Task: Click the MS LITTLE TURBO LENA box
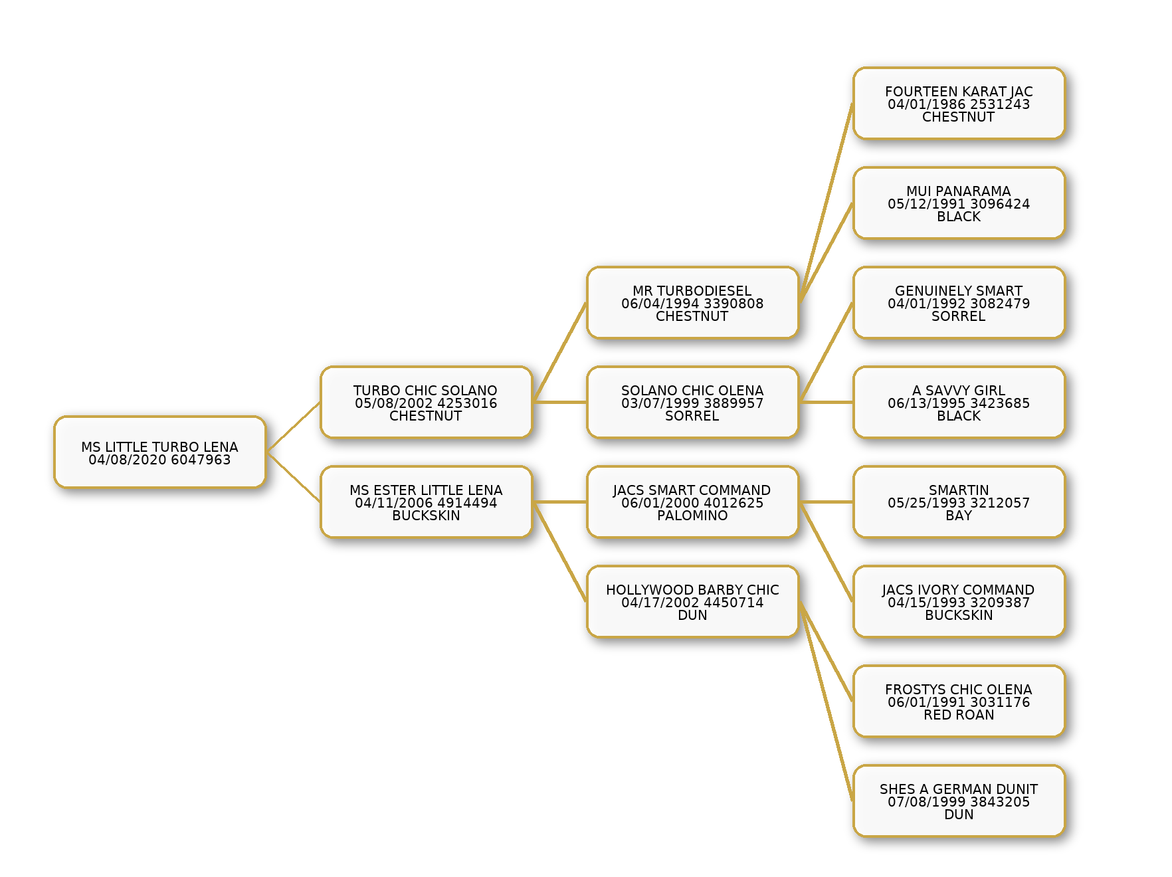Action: click(160, 452)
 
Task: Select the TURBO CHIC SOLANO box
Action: click(427, 403)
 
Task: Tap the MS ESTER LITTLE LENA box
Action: click(427, 502)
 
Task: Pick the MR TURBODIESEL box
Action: click(693, 303)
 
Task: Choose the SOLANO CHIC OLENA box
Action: click(693, 403)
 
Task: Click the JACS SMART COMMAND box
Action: click(693, 502)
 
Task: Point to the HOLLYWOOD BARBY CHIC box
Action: click(693, 602)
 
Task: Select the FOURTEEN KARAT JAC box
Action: click(959, 104)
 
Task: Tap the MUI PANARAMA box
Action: click(959, 203)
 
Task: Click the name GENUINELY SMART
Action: click(959, 291)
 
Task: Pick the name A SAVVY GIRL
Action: click(959, 391)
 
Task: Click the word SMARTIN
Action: click(959, 490)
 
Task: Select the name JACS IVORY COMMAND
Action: click(959, 590)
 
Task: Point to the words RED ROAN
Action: click(959, 715)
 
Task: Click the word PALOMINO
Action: click(692, 516)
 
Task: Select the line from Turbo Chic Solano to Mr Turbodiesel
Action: click(560, 353)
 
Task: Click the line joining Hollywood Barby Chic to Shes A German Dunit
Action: click(826, 702)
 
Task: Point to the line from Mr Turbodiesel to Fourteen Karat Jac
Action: click(826, 203)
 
